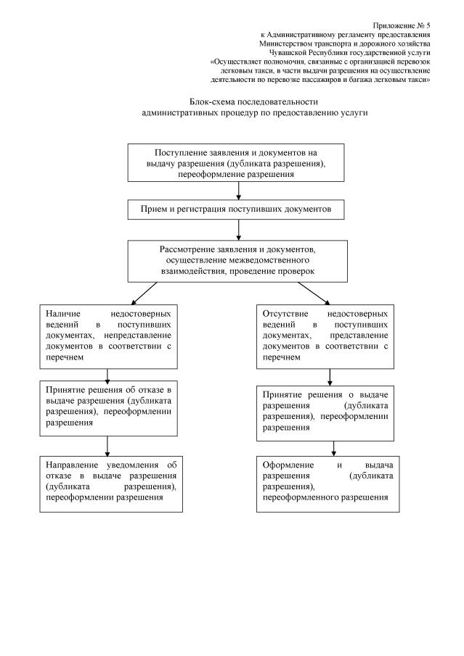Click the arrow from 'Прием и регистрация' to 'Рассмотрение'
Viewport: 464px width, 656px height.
239,230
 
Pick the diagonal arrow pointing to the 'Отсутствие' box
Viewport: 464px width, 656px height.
314,292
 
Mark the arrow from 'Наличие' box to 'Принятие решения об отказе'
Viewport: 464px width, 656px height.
108,375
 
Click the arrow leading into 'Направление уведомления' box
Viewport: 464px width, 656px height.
108,444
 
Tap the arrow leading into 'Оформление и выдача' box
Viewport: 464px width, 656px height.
333,447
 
